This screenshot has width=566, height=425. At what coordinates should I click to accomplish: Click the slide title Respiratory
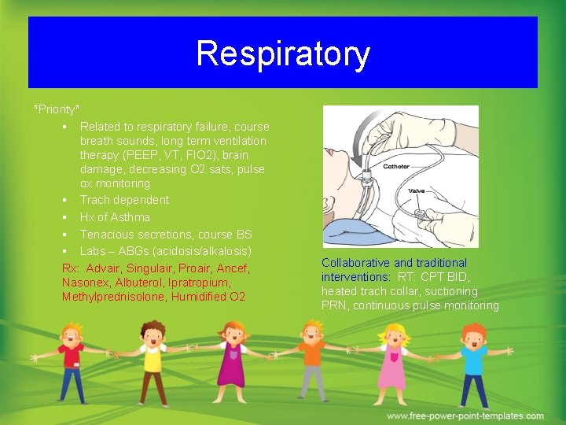point(282,54)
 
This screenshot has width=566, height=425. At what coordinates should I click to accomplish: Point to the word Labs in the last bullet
point(93,251)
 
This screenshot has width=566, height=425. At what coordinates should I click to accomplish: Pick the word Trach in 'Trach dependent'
point(94,200)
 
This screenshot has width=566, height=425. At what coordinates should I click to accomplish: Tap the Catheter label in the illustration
point(396,167)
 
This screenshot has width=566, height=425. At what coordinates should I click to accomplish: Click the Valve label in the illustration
point(417,190)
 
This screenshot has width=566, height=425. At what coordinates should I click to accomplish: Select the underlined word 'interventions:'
point(355,277)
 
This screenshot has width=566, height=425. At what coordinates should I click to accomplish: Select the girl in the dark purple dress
point(233,362)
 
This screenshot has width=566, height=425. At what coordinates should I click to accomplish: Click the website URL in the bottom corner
point(465,416)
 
